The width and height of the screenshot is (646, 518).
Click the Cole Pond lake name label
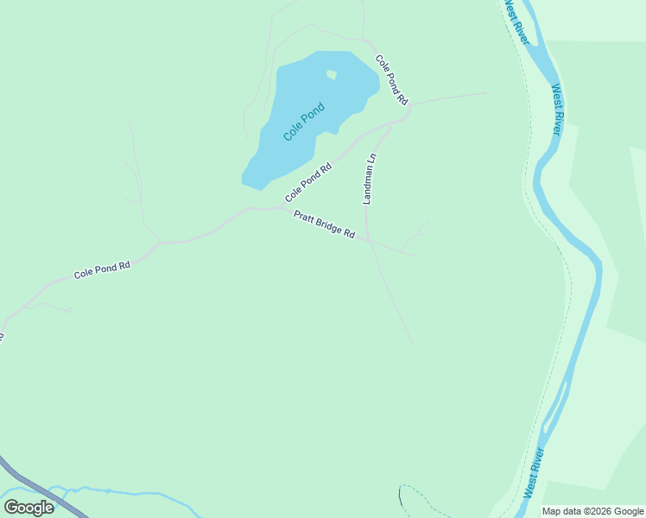tap(305, 122)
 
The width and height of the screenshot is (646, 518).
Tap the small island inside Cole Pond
tap(332, 75)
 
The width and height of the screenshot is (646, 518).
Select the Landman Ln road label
tap(370, 179)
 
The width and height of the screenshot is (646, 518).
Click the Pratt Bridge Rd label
tap(325, 224)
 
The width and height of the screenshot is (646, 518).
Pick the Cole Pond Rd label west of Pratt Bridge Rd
tap(101, 269)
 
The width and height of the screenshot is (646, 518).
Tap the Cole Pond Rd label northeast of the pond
tap(391, 79)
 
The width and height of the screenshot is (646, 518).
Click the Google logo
tap(28, 508)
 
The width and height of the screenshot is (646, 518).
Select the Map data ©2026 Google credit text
tap(592, 511)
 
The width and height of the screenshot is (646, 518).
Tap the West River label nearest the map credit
tap(534, 472)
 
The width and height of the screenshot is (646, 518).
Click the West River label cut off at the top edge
tap(516, 15)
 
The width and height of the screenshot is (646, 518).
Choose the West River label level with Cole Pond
tap(558, 109)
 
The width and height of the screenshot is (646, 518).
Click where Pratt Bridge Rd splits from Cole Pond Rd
tap(278, 208)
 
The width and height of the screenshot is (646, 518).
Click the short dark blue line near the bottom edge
tap(400, 496)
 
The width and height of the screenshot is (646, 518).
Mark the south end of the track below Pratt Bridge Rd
tap(413, 344)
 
